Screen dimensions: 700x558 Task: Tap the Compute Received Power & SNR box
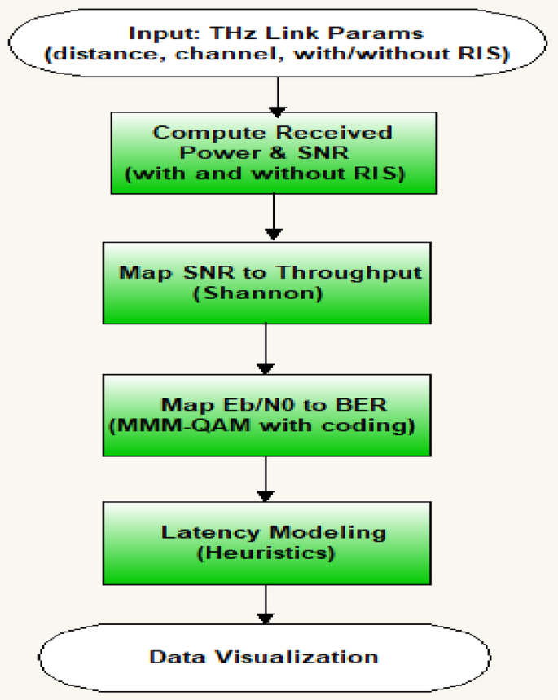click(274, 152)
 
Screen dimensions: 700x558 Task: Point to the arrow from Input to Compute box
click(279, 96)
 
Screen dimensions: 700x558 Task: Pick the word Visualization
click(304, 656)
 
